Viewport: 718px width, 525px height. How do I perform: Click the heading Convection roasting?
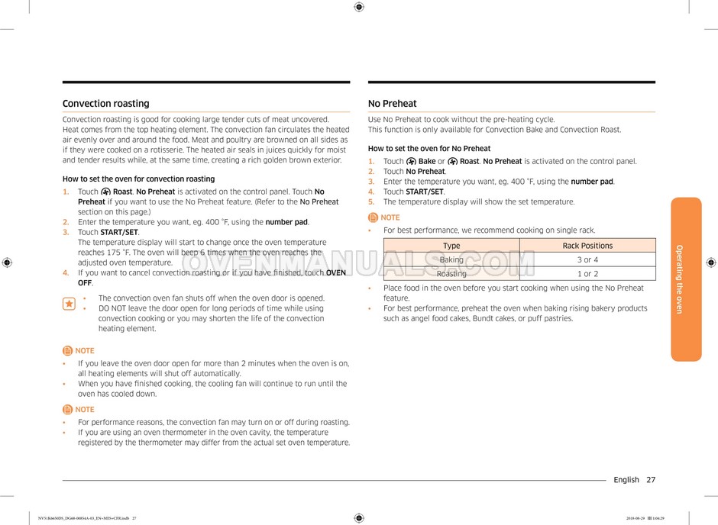point(105,104)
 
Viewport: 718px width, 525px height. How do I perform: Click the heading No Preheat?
point(392,104)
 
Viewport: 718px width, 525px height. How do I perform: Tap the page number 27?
point(650,480)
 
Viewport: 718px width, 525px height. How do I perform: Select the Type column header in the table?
point(451,246)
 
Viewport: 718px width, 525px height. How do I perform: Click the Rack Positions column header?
point(587,246)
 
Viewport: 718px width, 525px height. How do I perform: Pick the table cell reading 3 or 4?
point(587,260)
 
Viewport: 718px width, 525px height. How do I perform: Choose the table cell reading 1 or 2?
point(587,274)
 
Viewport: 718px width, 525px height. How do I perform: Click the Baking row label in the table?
point(451,260)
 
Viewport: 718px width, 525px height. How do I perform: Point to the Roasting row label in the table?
point(451,274)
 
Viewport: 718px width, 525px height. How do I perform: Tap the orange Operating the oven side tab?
point(685,279)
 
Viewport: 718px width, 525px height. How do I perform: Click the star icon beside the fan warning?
point(69,304)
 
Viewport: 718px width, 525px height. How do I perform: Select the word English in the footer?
point(626,480)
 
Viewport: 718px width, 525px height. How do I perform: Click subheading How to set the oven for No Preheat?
point(429,149)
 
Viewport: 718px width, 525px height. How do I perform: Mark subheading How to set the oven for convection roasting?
point(138,179)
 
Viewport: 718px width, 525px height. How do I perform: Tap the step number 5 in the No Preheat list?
point(371,202)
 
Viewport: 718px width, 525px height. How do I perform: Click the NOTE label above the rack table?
point(390,217)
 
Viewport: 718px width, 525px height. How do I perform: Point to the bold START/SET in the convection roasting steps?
point(119,232)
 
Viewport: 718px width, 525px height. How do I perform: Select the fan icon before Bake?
point(411,162)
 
